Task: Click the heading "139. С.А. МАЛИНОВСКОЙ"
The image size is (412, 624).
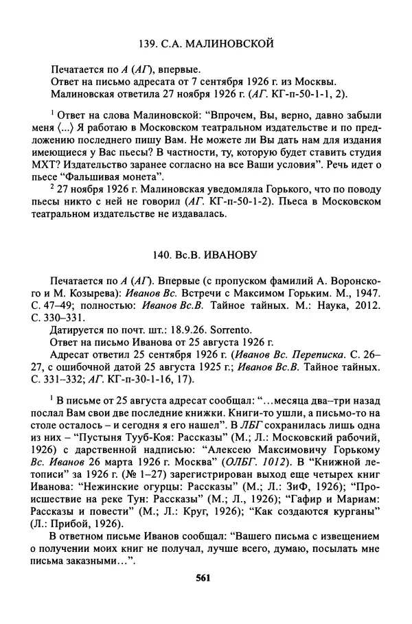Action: click(206, 44)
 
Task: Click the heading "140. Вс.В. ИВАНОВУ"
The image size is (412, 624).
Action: click(206, 255)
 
